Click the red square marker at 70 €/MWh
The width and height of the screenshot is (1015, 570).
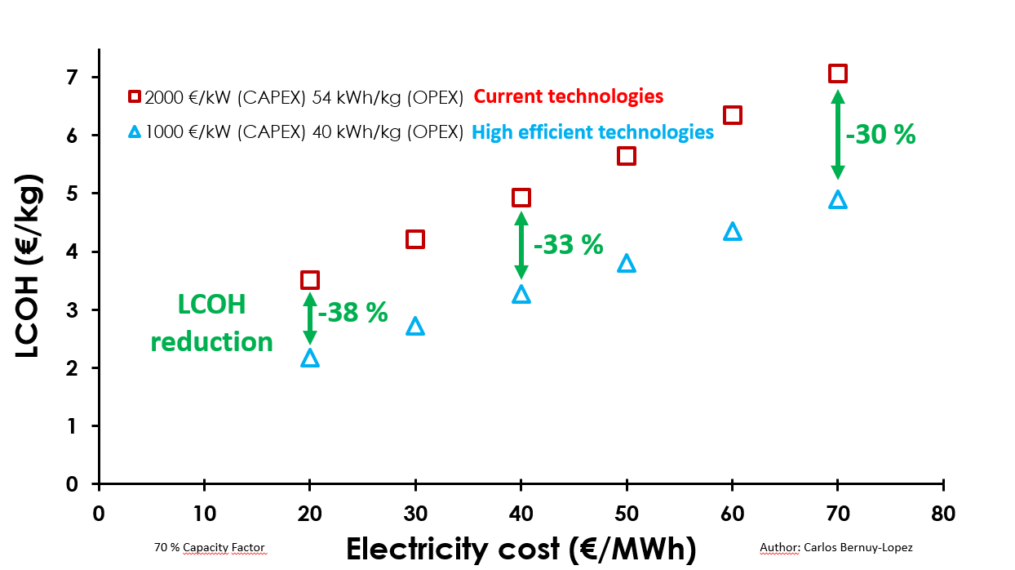click(838, 73)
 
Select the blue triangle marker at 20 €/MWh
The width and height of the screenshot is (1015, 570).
click(309, 358)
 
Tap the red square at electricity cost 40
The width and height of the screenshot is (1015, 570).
click(521, 198)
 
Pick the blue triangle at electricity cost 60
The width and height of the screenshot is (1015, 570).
click(733, 232)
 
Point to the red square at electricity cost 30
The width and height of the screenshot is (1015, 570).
click(415, 239)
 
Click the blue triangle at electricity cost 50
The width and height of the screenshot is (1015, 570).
click(627, 263)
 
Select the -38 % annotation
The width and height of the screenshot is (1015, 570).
click(352, 312)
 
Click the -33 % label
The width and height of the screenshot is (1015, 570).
click(568, 243)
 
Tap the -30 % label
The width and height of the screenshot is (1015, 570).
click(880, 135)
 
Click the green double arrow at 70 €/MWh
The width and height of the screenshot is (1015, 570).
click(838, 135)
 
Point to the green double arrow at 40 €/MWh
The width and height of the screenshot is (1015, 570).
click(521, 245)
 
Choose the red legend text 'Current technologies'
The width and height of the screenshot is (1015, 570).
click(569, 96)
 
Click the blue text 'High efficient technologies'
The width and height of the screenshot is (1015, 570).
click(593, 131)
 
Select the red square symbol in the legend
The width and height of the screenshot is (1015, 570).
click(135, 96)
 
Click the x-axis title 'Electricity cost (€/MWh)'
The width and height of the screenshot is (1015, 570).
click(521, 549)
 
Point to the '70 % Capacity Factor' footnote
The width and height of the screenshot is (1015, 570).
click(210, 547)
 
